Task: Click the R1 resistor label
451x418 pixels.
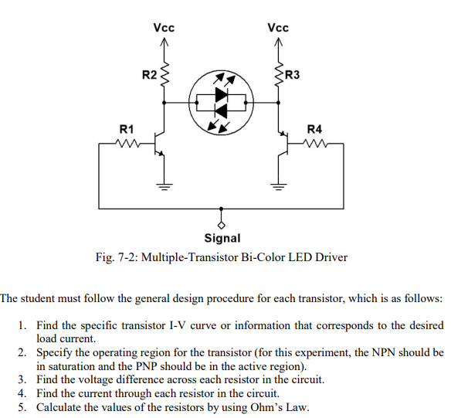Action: coord(125,128)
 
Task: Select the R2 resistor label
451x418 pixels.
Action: coord(149,75)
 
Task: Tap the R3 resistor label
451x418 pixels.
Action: coord(293,75)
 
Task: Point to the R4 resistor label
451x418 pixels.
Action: coord(316,128)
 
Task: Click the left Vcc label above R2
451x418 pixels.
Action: coord(164,28)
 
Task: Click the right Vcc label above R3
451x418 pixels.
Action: coord(278,28)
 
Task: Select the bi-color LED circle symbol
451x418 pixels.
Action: coord(222,100)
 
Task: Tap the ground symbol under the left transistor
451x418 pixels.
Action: coord(164,185)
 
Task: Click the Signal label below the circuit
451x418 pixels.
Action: coord(222,239)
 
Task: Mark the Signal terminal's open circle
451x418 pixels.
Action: coord(222,225)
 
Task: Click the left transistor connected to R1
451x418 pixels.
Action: coord(159,144)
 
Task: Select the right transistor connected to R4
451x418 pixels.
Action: coord(283,144)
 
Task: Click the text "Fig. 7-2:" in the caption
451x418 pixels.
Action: coord(117,257)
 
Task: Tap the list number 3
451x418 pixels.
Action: coord(22,379)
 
